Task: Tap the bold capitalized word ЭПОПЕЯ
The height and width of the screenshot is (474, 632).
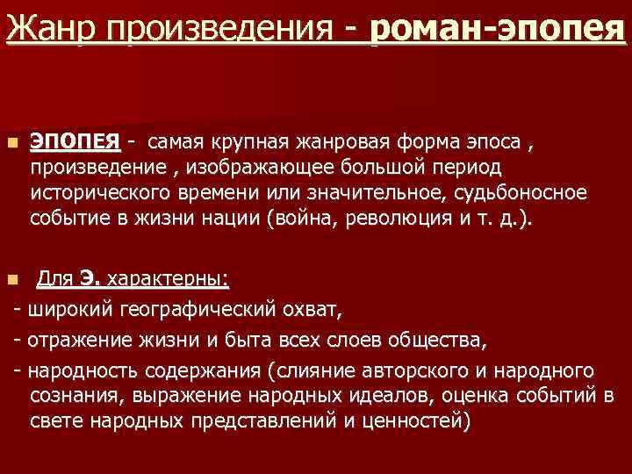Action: tap(75, 141)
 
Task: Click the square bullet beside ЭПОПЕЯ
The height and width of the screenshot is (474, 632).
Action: tap(11, 142)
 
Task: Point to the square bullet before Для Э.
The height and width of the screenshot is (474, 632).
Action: tap(11, 281)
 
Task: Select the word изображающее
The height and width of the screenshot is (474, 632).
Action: tap(254, 167)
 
